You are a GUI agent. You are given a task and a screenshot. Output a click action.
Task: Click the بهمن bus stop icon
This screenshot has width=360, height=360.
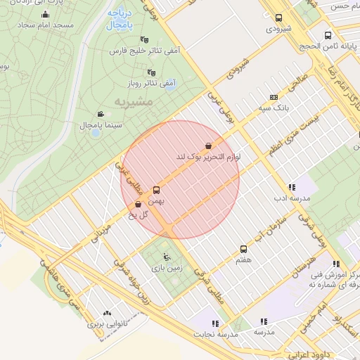pos(156,189)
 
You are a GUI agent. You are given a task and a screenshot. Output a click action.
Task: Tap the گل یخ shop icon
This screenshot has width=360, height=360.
pos(137,205)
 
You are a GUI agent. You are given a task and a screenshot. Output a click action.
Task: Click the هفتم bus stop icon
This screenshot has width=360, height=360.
pos(244,249)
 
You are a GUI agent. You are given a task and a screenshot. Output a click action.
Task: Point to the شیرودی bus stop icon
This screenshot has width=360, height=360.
pos(279,18)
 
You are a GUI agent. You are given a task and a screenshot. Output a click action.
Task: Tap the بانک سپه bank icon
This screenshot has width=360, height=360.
pos(274,98)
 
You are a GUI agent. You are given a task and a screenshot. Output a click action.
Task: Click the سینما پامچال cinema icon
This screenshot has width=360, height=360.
pos(101,114)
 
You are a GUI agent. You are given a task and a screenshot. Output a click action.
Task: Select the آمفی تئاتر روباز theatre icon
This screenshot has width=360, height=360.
pos(151,72)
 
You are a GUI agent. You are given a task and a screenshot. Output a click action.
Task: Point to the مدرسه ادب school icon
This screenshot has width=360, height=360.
pos(291,187)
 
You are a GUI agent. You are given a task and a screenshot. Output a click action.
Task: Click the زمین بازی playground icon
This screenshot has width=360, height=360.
pos(166,257)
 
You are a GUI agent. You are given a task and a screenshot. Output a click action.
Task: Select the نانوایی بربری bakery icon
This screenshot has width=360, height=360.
pos(107,314)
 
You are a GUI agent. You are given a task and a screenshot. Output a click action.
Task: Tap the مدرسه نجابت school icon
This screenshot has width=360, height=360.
pos(214,323)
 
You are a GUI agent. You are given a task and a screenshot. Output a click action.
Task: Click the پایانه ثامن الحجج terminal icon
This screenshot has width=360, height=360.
pos(328,35)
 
